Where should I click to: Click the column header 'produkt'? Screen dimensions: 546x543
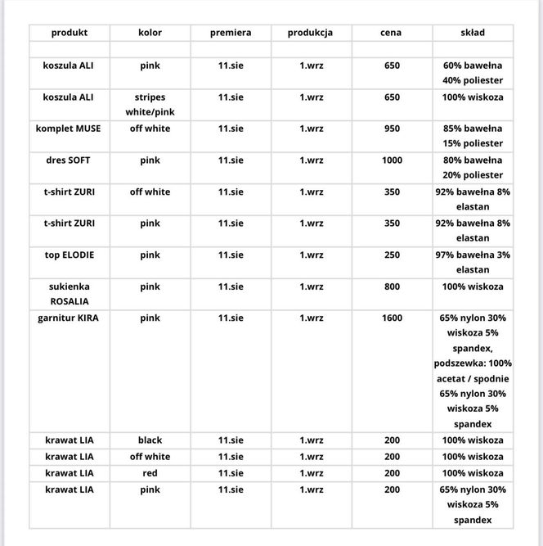(69, 33)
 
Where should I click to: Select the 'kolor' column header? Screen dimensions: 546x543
(150, 33)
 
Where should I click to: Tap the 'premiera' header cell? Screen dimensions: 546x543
(231, 33)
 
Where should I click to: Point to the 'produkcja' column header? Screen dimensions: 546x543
(310, 33)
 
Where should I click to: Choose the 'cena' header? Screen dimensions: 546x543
(391, 33)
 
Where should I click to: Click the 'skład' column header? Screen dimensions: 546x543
(473, 33)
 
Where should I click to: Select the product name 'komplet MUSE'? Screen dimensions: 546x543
(69, 129)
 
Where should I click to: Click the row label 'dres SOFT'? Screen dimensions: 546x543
(69, 160)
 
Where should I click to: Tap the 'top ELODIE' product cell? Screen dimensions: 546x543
(69, 255)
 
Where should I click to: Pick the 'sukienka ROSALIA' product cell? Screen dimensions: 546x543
(69, 294)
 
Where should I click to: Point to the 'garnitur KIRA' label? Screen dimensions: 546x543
(69, 318)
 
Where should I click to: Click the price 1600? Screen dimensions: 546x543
(392, 318)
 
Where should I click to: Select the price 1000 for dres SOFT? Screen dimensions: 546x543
(392, 160)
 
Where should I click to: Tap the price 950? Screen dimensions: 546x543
(392, 129)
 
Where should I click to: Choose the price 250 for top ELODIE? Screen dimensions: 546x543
(392, 255)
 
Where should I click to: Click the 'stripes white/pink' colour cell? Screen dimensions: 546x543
(150, 104)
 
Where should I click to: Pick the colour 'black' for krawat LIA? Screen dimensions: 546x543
(150, 440)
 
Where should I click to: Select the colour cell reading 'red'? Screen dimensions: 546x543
(150, 473)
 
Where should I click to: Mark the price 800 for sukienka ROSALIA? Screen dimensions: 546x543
(392, 287)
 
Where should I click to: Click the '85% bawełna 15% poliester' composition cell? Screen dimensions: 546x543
(473, 136)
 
